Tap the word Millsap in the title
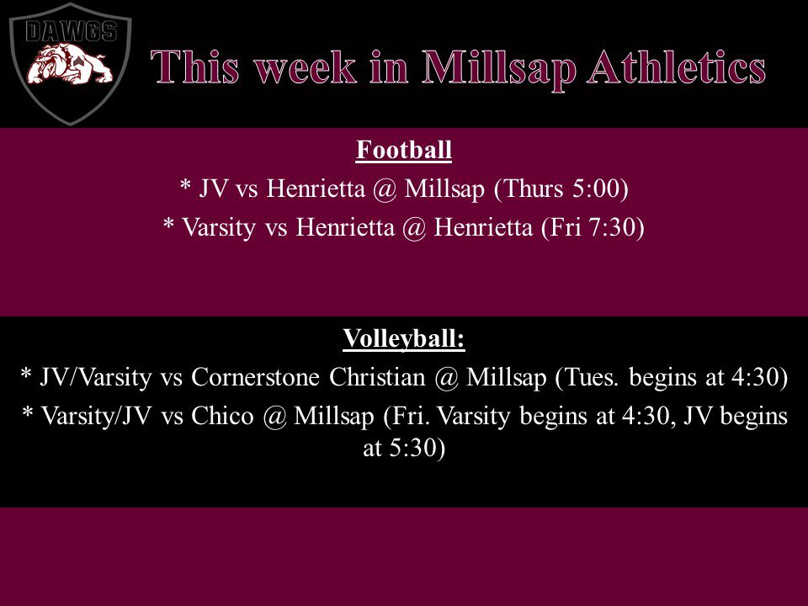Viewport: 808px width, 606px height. click(x=497, y=67)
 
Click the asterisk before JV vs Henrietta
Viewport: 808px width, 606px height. click(x=185, y=189)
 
